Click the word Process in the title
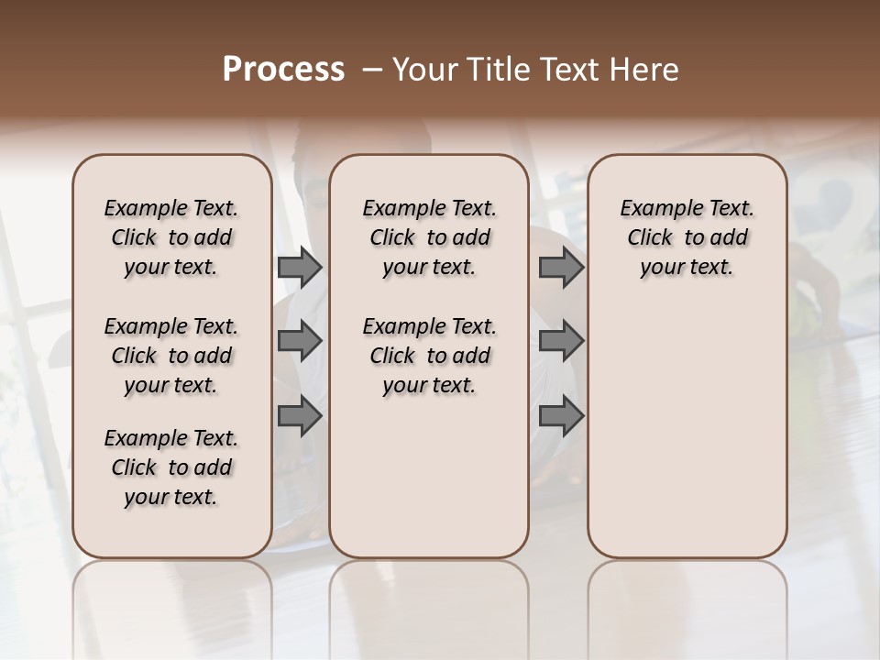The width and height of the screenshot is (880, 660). pyautogui.click(x=283, y=70)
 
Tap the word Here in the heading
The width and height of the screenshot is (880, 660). pyautogui.click(x=646, y=70)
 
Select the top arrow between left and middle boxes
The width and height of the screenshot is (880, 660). pyautogui.click(x=300, y=268)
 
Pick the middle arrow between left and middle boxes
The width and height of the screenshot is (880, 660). pyautogui.click(x=300, y=341)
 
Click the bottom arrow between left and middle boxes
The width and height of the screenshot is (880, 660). pyautogui.click(x=300, y=416)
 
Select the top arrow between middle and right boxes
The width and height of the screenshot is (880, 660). pyautogui.click(x=561, y=268)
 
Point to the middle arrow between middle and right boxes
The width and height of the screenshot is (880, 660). pyautogui.click(x=561, y=341)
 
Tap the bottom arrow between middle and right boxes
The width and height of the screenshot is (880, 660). pyautogui.click(x=561, y=416)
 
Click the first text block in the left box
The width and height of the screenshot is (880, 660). pyautogui.click(x=171, y=237)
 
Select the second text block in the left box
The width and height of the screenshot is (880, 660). pyautogui.click(x=171, y=356)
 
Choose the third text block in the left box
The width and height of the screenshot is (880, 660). pyautogui.click(x=171, y=467)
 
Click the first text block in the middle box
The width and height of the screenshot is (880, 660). pyautogui.click(x=429, y=237)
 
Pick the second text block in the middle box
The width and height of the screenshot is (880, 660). pyautogui.click(x=429, y=356)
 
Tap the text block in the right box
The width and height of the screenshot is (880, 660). pyautogui.click(x=687, y=237)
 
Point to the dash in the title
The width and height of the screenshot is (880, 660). pyautogui.click(x=372, y=70)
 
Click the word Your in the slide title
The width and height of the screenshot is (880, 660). pyautogui.click(x=420, y=70)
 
